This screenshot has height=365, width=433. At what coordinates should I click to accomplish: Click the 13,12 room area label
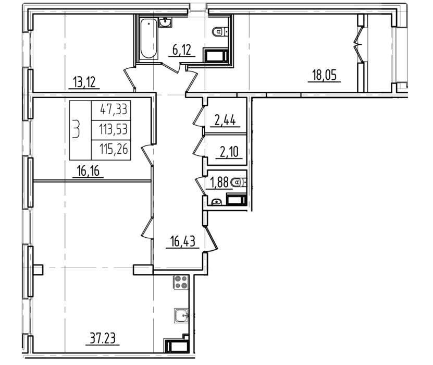(84, 82)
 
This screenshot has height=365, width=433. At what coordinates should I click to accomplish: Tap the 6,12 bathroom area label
(182, 50)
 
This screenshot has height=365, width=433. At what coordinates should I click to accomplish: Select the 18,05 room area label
(324, 75)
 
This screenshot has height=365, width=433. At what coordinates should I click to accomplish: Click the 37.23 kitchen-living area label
(103, 338)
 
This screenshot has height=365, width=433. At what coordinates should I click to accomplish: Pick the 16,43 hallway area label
(182, 241)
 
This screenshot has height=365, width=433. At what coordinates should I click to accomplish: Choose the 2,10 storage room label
(229, 152)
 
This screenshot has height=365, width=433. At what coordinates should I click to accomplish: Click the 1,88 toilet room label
(219, 182)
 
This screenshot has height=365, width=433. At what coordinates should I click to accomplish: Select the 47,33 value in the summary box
(114, 110)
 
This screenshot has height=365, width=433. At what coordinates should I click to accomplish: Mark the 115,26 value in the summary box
(114, 149)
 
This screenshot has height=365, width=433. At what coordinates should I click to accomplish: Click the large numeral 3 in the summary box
(76, 129)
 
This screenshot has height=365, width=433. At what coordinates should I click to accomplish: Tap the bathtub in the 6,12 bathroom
(149, 39)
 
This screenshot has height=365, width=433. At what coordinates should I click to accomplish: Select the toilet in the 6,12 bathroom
(220, 32)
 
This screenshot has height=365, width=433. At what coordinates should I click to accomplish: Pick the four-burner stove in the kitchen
(181, 282)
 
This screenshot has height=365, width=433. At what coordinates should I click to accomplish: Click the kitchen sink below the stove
(181, 315)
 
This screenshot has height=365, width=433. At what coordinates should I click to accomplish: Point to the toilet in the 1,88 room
(239, 182)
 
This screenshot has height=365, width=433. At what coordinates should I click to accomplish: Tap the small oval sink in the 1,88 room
(217, 202)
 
